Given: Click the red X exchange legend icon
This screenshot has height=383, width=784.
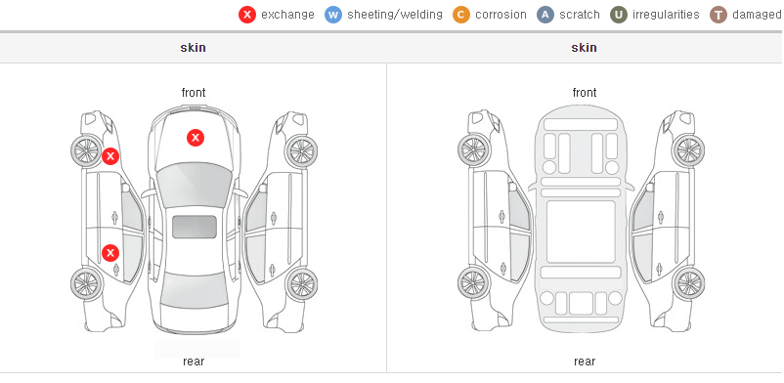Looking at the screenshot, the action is (x=247, y=15).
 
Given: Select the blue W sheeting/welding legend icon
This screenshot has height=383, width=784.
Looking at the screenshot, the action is (x=333, y=15).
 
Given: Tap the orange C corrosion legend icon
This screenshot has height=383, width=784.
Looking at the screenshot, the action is (x=461, y=15).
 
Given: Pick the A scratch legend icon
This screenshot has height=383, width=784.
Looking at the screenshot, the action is (x=545, y=15).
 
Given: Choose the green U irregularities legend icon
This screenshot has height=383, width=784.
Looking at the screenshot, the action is (x=619, y=15).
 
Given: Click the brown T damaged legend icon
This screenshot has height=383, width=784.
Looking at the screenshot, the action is (x=718, y=15).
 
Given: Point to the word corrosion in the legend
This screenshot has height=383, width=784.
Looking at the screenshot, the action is (x=501, y=15).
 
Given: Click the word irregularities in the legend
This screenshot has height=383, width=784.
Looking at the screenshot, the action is (x=666, y=15).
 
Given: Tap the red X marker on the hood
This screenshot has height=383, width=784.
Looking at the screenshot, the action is (x=196, y=138).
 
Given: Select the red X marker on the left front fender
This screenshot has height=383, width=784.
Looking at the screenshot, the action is (x=110, y=156).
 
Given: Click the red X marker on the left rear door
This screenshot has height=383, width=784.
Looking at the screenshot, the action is (x=110, y=253).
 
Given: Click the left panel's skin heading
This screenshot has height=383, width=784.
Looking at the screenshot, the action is (x=193, y=48).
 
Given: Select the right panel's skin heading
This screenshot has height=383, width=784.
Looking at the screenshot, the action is (x=584, y=48).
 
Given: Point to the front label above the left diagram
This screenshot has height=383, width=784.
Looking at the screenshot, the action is (x=194, y=93).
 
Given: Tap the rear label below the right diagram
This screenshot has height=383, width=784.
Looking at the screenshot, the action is (x=585, y=362).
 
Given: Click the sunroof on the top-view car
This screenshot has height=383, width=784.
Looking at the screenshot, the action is (x=195, y=227).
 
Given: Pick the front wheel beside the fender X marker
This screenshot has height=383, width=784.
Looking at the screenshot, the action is (x=86, y=150).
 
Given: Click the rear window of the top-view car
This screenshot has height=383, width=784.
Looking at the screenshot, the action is (x=194, y=291).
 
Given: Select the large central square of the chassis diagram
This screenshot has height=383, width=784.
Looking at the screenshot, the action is (x=581, y=232).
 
